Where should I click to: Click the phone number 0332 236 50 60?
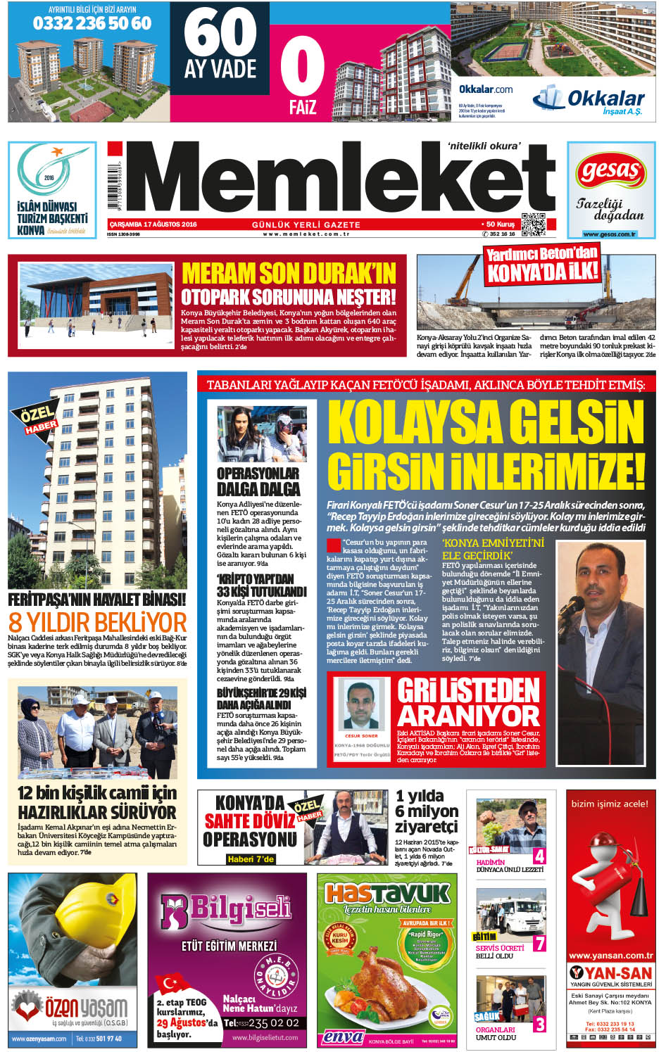click(x=92, y=24)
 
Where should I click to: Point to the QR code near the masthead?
click(x=533, y=224)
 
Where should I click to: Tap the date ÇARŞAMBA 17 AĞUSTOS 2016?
click(x=152, y=224)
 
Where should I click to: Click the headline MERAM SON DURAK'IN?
click(x=289, y=273)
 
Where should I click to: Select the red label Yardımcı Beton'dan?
click(x=541, y=255)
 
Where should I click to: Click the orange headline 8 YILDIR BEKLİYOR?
click(x=98, y=622)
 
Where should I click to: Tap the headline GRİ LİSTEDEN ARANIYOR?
click(x=468, y=702)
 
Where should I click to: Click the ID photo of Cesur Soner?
click(x=362, y=705)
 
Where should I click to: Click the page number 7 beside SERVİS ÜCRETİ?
click(x=539, y=943)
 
